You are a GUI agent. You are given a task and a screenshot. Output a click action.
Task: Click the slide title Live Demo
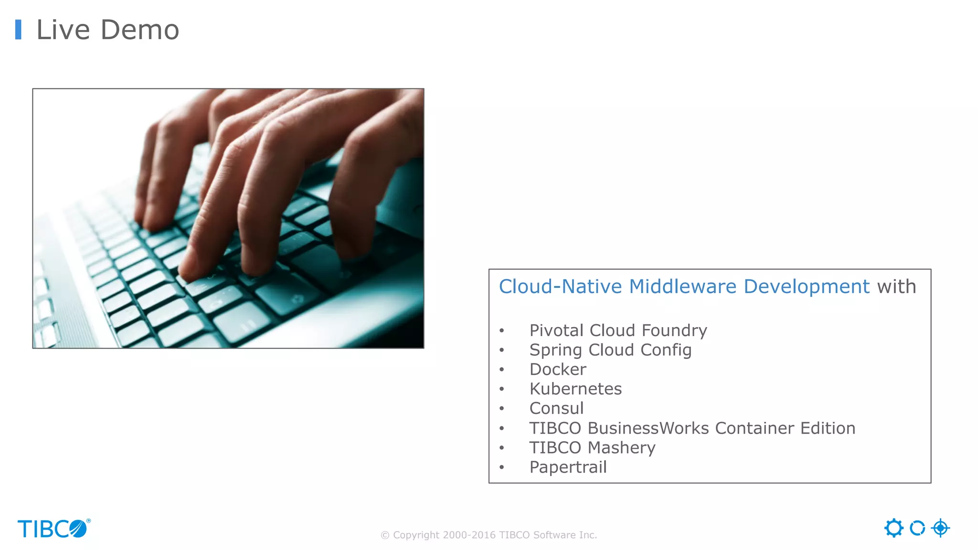tap(107, 30)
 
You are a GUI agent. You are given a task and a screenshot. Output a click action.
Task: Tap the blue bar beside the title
tap(18, 30)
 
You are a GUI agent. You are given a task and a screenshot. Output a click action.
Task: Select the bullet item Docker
tap(557, 370)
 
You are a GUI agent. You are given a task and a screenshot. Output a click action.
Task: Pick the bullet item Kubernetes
tap(575, 389)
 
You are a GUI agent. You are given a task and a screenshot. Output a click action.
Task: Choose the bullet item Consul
tap(556, 409)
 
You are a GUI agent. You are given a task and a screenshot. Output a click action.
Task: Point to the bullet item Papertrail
tap(568, 467)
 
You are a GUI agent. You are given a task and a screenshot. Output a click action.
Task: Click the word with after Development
tap(896, 286)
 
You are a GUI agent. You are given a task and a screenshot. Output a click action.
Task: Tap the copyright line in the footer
tap(489, 535)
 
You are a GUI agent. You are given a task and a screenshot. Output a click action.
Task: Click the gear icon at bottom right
tap(893, 528)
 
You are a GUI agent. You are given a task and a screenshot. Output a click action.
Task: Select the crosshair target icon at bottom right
tap(940, 528)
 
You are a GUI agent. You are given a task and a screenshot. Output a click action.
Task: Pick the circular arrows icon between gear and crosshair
tap(917, 528)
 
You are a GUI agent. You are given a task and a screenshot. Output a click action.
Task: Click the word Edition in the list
tap(828, 428)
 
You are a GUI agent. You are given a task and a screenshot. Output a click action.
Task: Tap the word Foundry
tap(674, 330)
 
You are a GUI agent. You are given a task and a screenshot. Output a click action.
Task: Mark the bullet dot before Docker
tap(501, 370)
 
